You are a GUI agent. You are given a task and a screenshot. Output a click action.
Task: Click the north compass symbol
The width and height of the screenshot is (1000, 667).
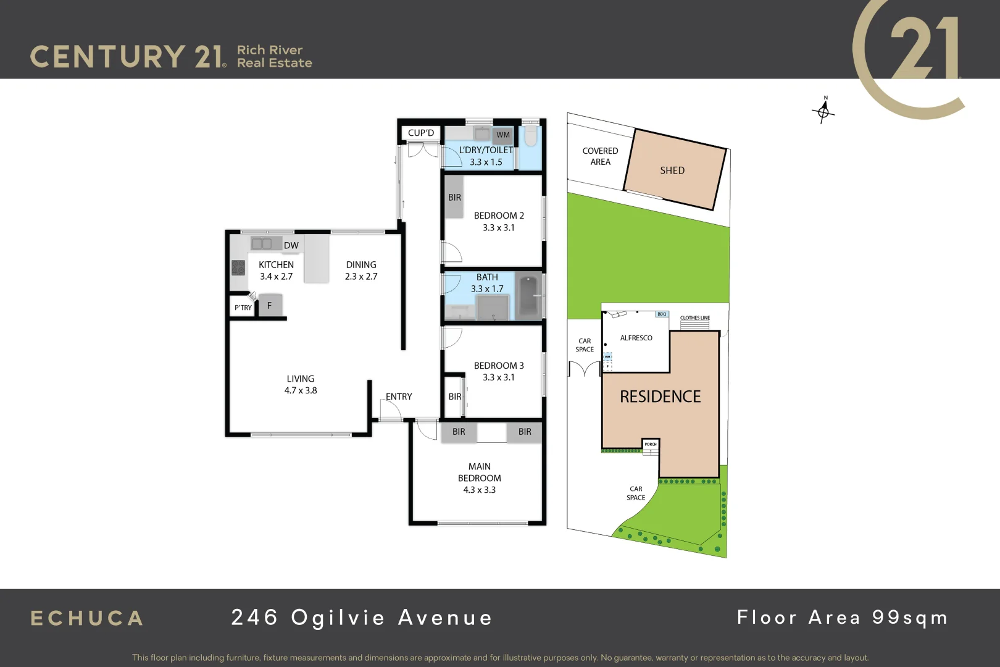click(x=823, y=112)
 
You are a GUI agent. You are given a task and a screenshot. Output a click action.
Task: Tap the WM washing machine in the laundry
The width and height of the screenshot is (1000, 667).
click(x=503, y=135)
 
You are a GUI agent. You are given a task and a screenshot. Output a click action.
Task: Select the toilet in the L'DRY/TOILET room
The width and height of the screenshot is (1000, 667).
click(x=531, y=135)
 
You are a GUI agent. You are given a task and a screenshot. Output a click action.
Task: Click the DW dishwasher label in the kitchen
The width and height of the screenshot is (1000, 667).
click(x=291, y=245)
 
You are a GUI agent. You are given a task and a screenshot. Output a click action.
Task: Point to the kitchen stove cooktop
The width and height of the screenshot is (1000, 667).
click(x=238, y=267)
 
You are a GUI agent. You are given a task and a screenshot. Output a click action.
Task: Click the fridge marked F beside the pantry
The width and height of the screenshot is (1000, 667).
click(x=270, y=305)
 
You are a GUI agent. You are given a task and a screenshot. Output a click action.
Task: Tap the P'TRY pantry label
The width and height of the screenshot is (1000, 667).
click(x=243, y=308)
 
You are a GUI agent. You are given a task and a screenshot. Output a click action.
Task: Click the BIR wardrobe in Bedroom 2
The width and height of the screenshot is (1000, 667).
click(x=454, y=197)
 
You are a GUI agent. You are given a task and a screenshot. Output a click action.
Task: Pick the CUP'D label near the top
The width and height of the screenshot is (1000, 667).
click(x=421, y=133)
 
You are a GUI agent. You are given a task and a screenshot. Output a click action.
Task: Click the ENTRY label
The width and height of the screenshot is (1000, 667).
click(x=399, y=396)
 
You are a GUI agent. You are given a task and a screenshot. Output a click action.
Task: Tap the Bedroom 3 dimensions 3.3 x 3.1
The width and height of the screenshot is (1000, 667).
click(x=498, y=377)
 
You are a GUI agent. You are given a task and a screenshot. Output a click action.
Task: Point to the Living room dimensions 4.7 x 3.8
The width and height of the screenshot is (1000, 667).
click(x=301, y=390)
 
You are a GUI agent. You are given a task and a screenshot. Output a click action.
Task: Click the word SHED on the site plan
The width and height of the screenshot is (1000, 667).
click(x=672, y=170)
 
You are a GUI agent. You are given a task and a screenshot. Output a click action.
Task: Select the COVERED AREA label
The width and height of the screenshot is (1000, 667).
click(x=600, y=156)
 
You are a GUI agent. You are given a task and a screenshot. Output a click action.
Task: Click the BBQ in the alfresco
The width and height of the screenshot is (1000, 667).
click(x=662, y=314)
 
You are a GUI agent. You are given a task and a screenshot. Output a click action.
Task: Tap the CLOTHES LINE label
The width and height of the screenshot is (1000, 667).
click(x=695, y=318)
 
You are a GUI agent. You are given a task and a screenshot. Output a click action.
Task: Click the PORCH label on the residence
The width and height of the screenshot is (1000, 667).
click(x=651, y=444)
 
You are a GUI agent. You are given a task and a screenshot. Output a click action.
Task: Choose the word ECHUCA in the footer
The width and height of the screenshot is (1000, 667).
click(x=87, y=618)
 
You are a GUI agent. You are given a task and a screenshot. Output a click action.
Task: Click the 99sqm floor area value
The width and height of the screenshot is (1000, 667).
click(x=910, y=618)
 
